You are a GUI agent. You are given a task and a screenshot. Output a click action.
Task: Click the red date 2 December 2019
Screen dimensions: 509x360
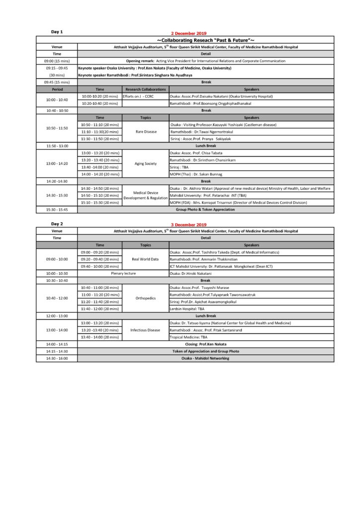tap(188, 32)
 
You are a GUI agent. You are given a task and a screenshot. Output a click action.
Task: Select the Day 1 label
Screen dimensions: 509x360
tap(57, 32)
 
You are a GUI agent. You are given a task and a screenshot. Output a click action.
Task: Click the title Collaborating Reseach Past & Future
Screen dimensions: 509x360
tap(206, 39)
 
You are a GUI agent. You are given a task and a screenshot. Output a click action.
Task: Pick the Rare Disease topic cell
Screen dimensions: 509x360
tap(146, 132)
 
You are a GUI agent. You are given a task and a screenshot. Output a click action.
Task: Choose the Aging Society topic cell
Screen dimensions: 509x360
tap(146, 164)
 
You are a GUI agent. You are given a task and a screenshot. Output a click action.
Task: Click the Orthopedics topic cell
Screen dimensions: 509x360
tap(146, 298)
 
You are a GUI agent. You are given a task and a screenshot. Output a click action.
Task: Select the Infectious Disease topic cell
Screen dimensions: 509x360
tap(146, 330)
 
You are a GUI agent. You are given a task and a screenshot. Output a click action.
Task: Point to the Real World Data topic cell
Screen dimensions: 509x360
tap(146, 259)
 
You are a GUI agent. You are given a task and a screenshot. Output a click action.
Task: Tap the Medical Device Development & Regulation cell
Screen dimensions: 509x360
tap(146, 195)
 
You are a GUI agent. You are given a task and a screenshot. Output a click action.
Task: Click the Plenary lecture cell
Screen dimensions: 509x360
tap(123, 273)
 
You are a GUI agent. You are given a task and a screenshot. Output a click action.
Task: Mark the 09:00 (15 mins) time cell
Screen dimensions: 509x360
tap(57, 61)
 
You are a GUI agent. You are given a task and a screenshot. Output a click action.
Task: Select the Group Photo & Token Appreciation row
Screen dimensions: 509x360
tap(206, 210)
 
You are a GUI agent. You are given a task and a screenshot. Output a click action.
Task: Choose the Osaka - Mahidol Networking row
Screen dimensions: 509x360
tap(206, 358)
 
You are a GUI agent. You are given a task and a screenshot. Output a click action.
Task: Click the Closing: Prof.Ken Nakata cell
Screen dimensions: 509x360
tap(206, 344)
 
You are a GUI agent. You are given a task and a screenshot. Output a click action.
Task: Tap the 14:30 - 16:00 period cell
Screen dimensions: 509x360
tap(57, 358)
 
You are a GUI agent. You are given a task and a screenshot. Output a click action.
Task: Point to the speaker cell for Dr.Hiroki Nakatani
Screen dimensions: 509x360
tap(191, 273)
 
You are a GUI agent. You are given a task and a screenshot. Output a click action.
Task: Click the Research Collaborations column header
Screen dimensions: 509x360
tap(146, 89)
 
